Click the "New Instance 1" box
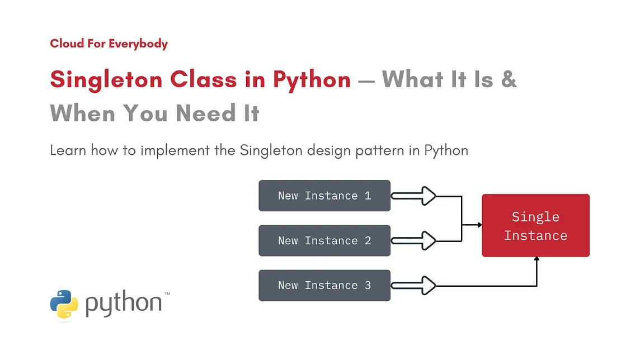[x=324, y=196]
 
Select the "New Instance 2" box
[x=324, y=240]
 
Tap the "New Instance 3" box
[x=324, y=285]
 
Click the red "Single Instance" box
[x=535, y=225]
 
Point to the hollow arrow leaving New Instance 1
[x=414, y=196]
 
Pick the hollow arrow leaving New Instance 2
[x=414, y=241]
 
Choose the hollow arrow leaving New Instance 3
[x=414, y=286]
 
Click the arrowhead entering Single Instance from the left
[x=479, y=225]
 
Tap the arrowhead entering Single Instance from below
[x=537, y=259]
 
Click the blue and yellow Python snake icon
[x=64, y=304]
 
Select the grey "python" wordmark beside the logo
[x=124, y=304]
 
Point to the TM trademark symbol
[x=167, y=293]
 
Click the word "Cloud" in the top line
[x=67, y=43]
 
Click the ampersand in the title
[x=509, y=80]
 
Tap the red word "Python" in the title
[x=312, y=80]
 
